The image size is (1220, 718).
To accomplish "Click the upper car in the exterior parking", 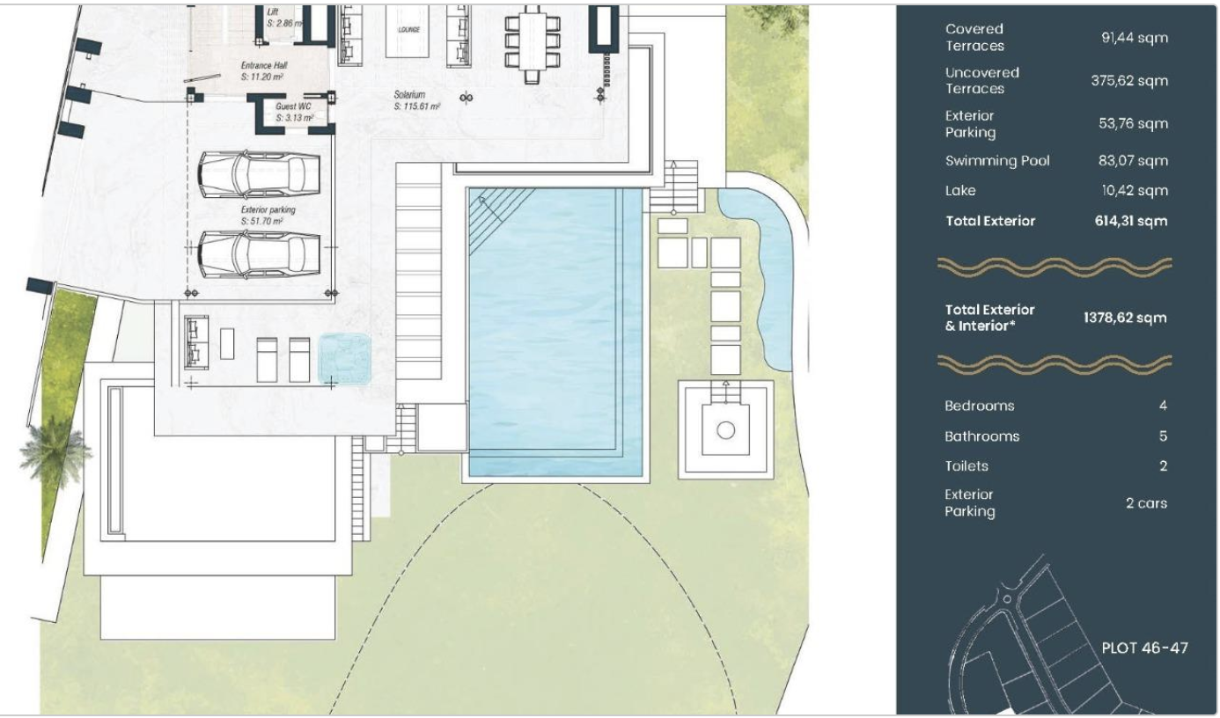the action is pos(259,173).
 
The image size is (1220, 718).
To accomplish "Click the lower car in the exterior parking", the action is pos(259,254).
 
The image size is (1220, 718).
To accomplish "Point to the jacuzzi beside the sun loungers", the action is pos(344,359).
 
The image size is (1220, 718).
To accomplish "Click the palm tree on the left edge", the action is pos(54,451).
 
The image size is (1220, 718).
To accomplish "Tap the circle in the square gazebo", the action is pos(725,430).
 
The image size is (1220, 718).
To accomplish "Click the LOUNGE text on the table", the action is pos(408,29).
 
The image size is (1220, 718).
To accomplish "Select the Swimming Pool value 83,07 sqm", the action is pos(1133,161).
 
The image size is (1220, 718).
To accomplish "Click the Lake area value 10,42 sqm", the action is pos(1134,191).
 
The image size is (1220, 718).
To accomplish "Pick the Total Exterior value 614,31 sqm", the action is pos(1131,221).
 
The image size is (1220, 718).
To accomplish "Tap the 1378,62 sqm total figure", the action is pos(1125,318).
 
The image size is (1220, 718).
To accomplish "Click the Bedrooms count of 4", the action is pos(1163,406).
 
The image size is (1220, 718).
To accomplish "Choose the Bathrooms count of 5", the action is pos(1163,436).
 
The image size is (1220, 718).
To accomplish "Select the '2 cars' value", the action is pos(1146,503).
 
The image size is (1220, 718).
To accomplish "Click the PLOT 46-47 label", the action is pos(1145,648).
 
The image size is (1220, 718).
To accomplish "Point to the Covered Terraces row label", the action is pos(974,37).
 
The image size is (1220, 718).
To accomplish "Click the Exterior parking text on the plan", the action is pos(268,209).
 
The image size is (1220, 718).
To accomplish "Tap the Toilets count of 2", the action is pos(1163,466).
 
